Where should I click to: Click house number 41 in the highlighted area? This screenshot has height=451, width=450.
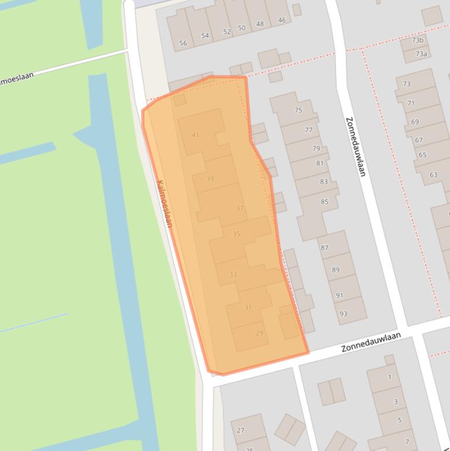coord(195,135)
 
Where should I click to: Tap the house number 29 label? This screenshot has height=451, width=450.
coord(259,333)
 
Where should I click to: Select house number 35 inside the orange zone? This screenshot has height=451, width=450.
coord(236,234)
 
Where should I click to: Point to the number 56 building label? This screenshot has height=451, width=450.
coord(183,43)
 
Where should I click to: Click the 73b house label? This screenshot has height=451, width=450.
coord(417,40)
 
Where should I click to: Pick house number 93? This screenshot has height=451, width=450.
coord(343,314)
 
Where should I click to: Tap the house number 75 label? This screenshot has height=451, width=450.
coord(298,110)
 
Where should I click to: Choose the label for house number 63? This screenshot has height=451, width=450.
coord(434,175)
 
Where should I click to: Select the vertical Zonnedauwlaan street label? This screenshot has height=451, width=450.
coord(355,146)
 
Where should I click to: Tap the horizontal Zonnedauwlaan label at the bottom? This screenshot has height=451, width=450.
coord(371,342)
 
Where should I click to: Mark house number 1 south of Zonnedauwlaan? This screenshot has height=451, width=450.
coord(390,377)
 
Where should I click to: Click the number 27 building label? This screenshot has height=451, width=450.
coord(241,430)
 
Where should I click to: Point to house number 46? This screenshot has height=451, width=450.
coord(282,20)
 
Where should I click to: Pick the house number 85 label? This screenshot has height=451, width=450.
coord(324,201)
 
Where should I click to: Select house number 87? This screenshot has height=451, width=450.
coord(324,248)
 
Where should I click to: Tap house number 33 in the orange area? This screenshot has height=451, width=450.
coord(233,274)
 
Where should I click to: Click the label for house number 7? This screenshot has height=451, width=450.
coord(407,442)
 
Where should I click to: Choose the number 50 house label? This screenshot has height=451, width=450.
coord(242,28)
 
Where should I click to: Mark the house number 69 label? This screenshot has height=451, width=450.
coord(415,122)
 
